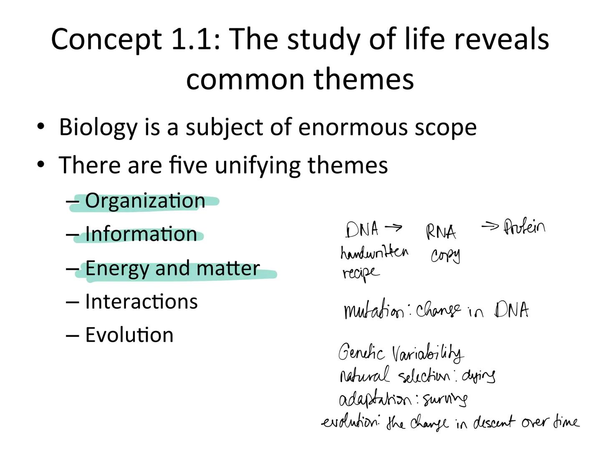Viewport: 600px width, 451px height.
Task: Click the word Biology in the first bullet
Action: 98,127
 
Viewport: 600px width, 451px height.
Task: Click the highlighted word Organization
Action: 145,201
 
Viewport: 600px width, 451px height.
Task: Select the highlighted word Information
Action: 141,234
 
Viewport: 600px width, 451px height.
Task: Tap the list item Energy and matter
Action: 172,268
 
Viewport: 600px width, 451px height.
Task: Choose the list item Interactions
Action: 141,302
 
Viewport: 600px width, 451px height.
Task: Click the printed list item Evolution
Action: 129,335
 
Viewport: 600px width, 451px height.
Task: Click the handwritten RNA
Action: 441,232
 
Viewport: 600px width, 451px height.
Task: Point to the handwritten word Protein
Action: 524,227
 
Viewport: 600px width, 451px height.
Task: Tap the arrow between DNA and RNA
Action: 393,228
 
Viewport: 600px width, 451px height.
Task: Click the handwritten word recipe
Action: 361,273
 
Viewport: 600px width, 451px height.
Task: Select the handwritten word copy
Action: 445,255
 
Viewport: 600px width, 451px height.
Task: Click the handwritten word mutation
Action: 374,311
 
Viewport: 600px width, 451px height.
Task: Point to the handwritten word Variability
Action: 427,354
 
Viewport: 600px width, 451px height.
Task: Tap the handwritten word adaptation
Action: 375,400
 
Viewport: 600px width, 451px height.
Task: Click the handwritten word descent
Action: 494,423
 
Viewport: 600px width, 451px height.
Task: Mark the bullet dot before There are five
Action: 40,165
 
